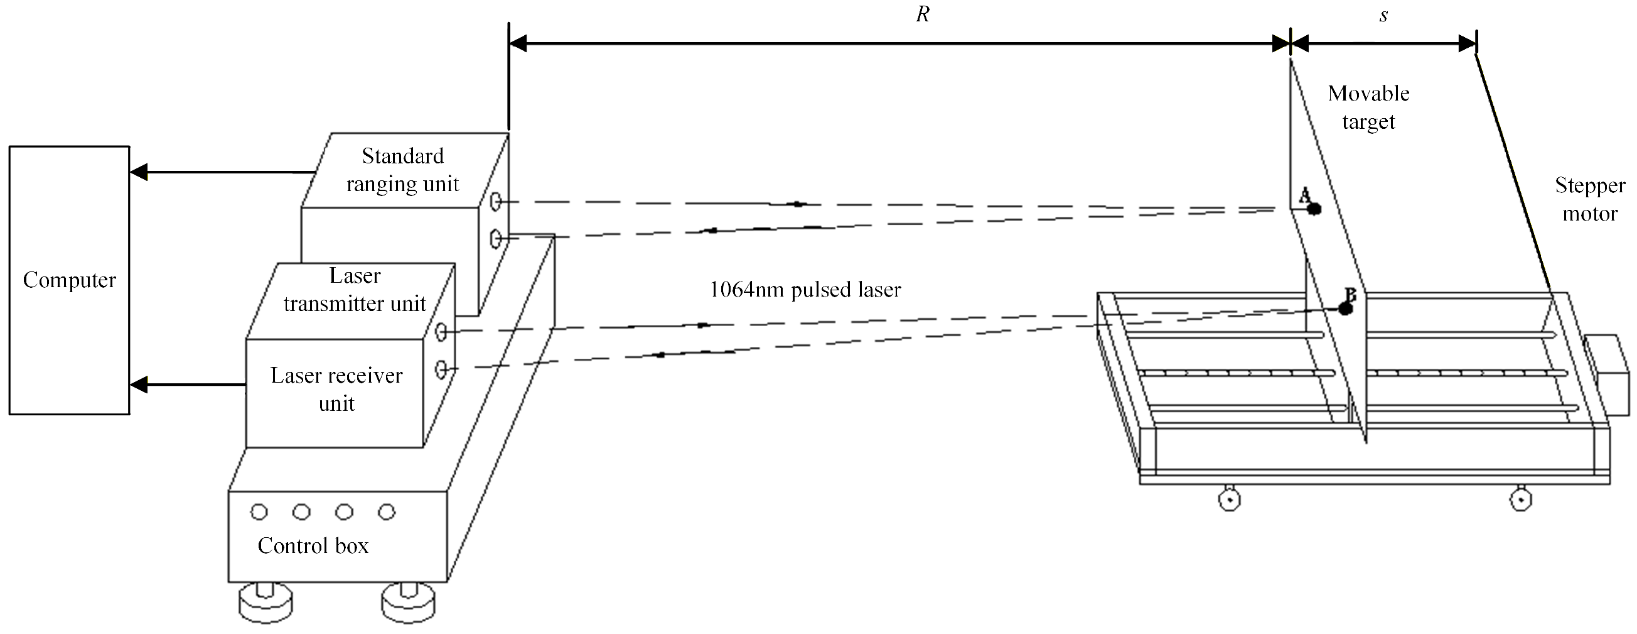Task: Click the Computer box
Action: point(69,280)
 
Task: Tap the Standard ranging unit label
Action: point(402,170)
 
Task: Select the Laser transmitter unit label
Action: point(355,289)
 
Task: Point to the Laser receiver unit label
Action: point(336,388)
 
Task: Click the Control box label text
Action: point(313,545)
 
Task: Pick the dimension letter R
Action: point(923,14)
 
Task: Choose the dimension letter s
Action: point(1383,15)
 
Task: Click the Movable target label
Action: point(1368,107)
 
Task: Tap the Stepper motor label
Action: point(1589,199)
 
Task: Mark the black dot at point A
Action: point(1314,209)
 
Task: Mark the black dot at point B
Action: point(1344,309)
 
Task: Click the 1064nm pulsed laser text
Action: point(805,290)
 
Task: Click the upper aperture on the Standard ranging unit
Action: point(496,202)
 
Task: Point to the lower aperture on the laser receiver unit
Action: point(441,368)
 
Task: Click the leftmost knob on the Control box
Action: point(259,512)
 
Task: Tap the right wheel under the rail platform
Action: point(1520,499)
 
